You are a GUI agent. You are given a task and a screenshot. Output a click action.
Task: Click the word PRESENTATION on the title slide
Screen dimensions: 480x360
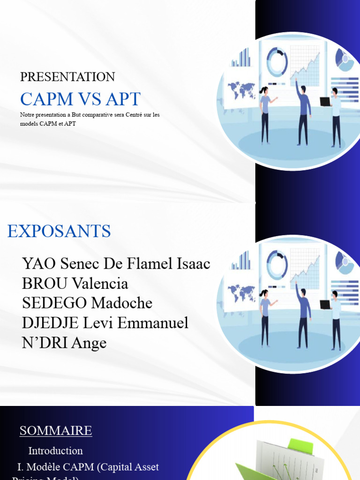coord(67,77)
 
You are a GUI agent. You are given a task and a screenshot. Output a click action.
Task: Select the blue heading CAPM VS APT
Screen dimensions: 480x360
coord(80,99)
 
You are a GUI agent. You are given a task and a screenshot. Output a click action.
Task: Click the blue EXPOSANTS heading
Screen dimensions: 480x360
coord(59,231)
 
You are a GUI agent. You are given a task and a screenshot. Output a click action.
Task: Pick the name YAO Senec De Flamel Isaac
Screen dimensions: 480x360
coord(116,263)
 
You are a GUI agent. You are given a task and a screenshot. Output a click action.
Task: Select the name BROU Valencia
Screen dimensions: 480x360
coord(75,283)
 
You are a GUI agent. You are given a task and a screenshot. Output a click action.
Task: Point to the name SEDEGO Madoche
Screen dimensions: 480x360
coord(87,303)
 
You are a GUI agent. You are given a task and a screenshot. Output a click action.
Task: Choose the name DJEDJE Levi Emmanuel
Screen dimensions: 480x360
coord(105,322)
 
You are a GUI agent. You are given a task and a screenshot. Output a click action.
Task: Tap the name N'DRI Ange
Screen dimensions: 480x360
coord(64,343)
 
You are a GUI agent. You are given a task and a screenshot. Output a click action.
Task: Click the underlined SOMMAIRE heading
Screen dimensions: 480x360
coord(56,430)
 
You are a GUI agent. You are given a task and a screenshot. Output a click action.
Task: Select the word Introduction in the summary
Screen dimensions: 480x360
coord(55,450)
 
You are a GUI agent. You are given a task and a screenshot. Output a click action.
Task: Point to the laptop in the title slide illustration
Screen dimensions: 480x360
coord(325,102)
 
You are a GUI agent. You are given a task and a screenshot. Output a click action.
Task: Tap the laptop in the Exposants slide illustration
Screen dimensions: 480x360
coord(325,305)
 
